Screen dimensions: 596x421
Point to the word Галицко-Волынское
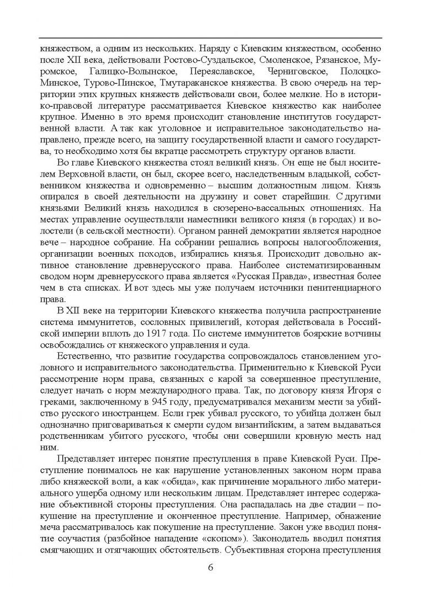(137, 72)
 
